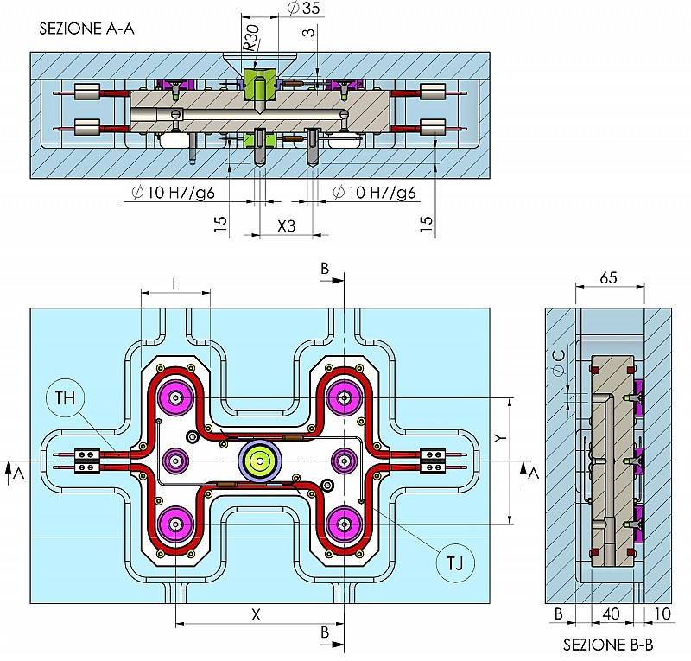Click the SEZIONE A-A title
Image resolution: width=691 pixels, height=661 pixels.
pos(86,29)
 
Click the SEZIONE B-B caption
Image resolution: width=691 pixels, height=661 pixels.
pos(608,645)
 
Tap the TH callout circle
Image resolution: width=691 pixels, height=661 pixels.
pos(66,398)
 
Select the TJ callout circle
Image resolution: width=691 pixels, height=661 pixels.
pos(455,563)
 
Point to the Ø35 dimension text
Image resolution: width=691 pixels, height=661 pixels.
pos(303,8)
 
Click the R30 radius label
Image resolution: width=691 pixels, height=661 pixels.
pos(252,37)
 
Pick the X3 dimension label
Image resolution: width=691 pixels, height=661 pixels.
pos(286,226)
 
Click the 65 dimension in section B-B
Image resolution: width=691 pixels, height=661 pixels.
pos(608,278)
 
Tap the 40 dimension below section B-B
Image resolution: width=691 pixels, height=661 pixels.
pos(611,613)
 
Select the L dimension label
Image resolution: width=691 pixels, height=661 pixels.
pos(175,283)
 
